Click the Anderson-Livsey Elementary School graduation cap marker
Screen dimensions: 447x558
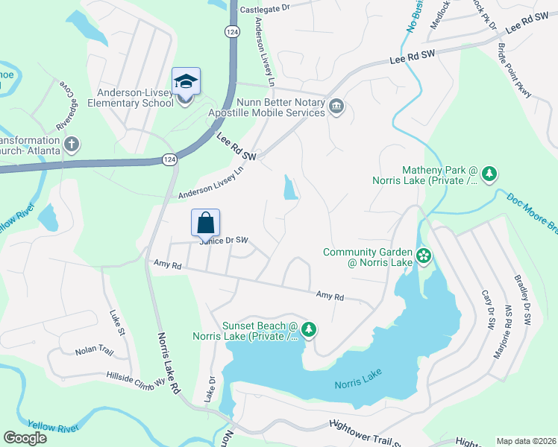coord(186,80)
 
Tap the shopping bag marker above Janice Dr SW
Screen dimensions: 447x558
coord(206,222)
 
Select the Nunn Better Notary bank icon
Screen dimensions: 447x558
coord(336,108)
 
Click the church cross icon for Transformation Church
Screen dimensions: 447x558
coord(72,144)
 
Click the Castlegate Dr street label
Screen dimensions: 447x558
coord(264,9)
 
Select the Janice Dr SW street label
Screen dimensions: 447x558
coord(222,241)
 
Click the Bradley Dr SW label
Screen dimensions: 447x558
coord(521,299)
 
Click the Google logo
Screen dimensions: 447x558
coord(25,438)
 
